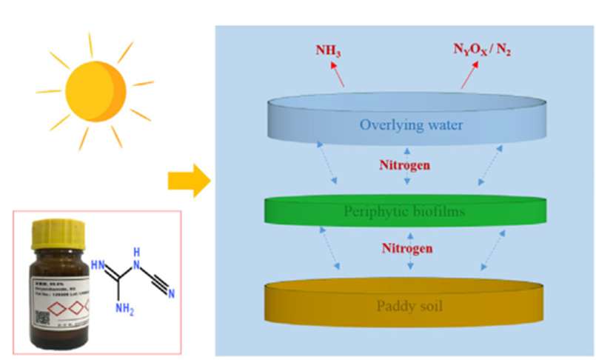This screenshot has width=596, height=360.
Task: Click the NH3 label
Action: (x=330, y=52)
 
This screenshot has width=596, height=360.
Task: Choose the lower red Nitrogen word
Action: (x=405, y=249)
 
